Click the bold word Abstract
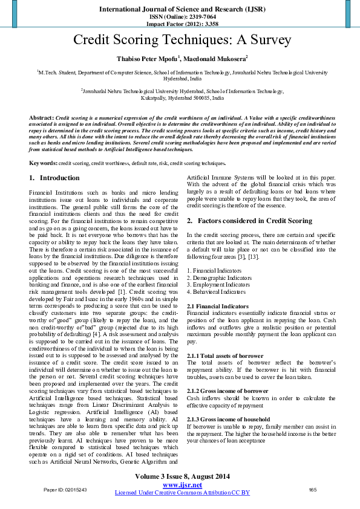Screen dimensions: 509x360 pyautogui.click(x=41, y=115)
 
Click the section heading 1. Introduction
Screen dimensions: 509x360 pyautogui.click(x=54, y=178)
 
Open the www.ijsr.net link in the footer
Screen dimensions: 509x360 pyautogui.click(x=182, y=485)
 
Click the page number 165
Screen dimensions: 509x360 pyautogui.click(x=313, y=490)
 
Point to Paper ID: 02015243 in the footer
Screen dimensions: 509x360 pyautogui.click(x=65, y=490)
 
